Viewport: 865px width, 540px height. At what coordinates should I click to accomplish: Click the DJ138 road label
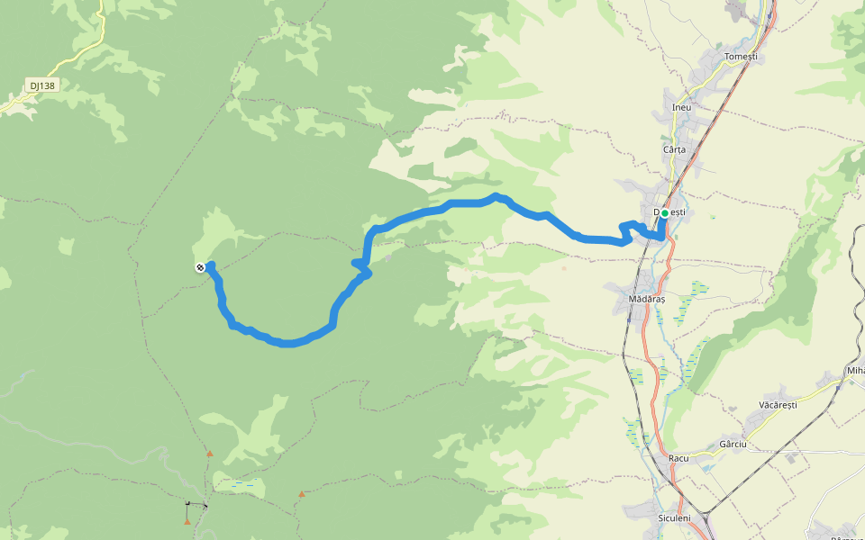pyautogui.click(x=41, y=86)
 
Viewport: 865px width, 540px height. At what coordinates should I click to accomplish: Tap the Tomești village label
pyautogui.click(x=742, y=57)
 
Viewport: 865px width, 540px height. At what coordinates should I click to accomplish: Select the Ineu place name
pyautogui.click(x=682, y=107)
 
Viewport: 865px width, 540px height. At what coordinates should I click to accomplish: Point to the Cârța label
pyautogui.click(x=674, y=149)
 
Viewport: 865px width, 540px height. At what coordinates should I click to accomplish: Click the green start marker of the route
pyautogui.click(x=664, y=213)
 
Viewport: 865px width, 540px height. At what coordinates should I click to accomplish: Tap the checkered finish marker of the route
pyautogui.click(x=199, y=267)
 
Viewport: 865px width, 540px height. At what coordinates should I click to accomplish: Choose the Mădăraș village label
pyautogui.click(x=647, y=298)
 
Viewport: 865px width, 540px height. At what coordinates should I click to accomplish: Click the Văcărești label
pyautogui.click(x=778, y=405)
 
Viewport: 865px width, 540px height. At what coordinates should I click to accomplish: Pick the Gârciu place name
pyautogui.click(x=733, y=445)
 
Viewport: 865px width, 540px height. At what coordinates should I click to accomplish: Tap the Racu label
pyautogui.click(x=678, y=458)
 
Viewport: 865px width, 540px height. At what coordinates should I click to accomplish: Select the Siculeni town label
pyautogui.click(x=674, y=518)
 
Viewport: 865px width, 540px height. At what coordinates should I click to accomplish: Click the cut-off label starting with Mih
pyautogui.click(x=854, y=371)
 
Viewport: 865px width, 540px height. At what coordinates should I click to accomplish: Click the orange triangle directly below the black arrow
pyautogui.click(x=187, y=521)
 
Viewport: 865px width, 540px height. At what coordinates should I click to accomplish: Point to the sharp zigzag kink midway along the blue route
pyautogui.click(x=361, y=266)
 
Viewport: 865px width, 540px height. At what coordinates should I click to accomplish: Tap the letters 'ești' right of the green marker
pyautogui.click(x=678, y=212)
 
